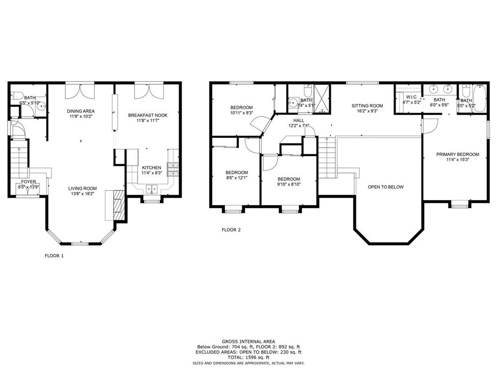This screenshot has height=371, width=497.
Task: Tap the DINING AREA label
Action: pyautogui.click(x=81, y=111)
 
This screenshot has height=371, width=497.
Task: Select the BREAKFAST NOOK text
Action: pyautogui.click(x=148, y=115)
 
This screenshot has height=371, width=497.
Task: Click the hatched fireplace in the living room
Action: pyautogui.click(x=118, y=205)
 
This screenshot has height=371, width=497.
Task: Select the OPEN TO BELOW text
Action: pyautogui.click(x=386, y=187)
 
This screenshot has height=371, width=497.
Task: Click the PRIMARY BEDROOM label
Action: pyautogui.click(x=458, y=155)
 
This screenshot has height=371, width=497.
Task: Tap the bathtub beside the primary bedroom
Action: pyautogui.click(x=479, y=98)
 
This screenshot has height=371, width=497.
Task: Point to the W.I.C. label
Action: pyautogui.click(x=411, y=97)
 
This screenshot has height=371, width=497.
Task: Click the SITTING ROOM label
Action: pyautogui.click(x=367, y=106)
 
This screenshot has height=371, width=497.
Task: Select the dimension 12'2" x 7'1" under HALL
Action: pyautogui.click(x=298, y=126)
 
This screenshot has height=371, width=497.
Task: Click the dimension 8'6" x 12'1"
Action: pyautogui.click(x=236, y=178)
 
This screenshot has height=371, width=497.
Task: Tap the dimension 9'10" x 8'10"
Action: pyautogui.click(x=289, y=185)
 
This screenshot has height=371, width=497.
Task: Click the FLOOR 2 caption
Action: pyautogui.click(x=231, y=230)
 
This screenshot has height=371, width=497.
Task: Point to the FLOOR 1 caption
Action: pyautogui.click(x=54, y=255)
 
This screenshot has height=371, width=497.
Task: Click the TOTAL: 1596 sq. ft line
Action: pyautogui.click(x=248, y=357)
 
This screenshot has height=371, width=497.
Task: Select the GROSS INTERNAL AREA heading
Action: pyautogui.click(x=248, y=341)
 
